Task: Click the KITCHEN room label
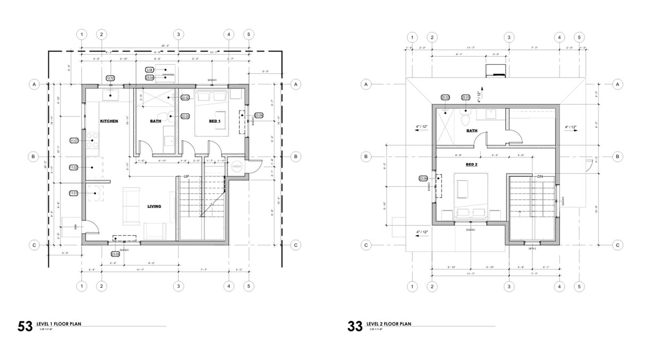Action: click(x=109, y=121)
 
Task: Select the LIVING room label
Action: click(x=154, y=206)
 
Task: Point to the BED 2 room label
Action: click(x=472, y=165)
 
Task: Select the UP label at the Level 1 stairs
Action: click(x=186, y=176)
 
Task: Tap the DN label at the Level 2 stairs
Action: click(x=540, y=176)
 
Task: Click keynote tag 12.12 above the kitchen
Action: click(x=110, y=78)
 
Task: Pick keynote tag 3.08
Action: click(x=150, y=70)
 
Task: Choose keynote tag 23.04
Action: click(x=150, y=78)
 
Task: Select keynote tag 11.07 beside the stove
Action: click(x=74, y=141)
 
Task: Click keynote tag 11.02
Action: click(x=74, y=167)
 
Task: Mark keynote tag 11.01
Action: click(x=74, y=193)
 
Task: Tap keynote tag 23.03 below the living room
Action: click(x=116, y=254)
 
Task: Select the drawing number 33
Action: click(x=354, y=325)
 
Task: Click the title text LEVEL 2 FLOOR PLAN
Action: click(x=390, y=323)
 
